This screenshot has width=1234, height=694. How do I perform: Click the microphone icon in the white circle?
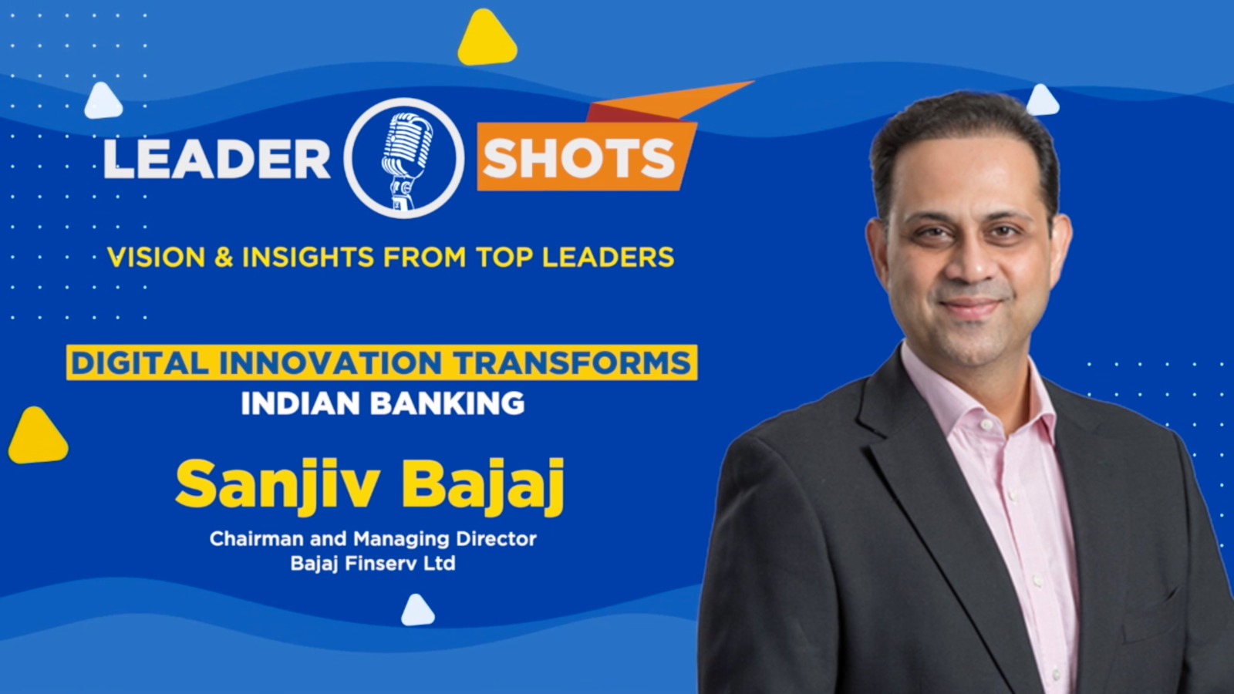[x=406, y=160]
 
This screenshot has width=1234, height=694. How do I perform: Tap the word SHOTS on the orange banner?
[x=578, y=158]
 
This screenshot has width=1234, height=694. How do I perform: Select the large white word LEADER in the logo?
[x=217, y=159]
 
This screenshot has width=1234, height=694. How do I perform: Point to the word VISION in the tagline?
[x=156, y=258]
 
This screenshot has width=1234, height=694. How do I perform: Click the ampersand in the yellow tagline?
[x=224, y=258]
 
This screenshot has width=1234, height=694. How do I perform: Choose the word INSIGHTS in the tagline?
[x=308, y=258]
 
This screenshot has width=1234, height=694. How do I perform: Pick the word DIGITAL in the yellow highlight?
[x=140, y=363]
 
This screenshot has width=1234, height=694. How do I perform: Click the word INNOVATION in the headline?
[x=330, y=363]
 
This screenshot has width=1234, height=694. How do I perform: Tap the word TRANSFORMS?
[x=571, y=363]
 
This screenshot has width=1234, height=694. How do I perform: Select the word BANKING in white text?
[x=447, y=403]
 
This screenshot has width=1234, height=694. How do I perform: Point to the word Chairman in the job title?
[x=256, y=538]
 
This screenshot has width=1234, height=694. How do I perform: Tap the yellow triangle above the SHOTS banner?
[x=487, y=39]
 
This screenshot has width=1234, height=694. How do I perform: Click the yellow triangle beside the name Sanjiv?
[x=38, y=436]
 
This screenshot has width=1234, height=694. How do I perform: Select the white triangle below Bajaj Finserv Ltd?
[x=417, y=611]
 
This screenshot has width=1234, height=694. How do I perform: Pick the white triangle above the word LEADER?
[x=103, y=101]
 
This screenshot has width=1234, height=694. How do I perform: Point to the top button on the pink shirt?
[x=986, y=425]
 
